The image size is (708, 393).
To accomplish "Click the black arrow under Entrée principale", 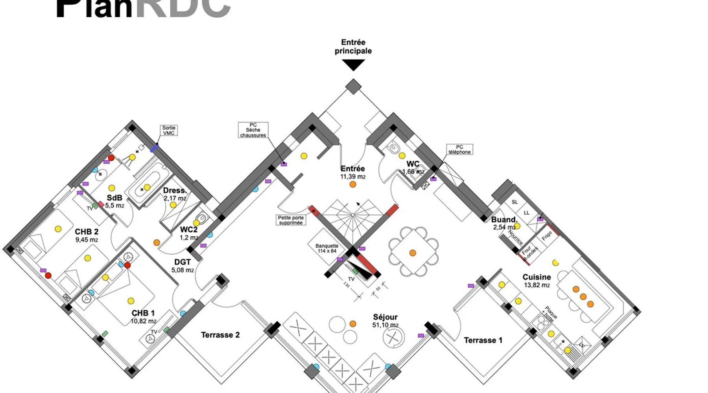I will (x=353, y=65).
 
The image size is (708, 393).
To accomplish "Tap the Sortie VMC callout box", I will (x=169, y=130).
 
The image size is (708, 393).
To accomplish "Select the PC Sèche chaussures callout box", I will (x=253, y=130).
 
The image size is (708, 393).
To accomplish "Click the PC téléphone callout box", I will (x=459, y=149).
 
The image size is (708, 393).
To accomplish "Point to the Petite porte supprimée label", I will (x=291, y=220).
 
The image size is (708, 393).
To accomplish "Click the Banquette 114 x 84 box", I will (x=326, y=248).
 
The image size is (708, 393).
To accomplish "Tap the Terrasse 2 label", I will (x=220, y=335).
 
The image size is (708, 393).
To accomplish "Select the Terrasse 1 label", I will (x=483, y=340).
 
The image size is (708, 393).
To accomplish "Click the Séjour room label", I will (x=385, y=317).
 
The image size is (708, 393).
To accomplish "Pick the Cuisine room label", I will (x=537, y=277).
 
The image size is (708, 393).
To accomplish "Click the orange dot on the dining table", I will (x=413, y=253).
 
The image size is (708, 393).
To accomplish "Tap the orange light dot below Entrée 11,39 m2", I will (x=353, y=184).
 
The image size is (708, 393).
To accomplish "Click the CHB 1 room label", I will (x=143, y=313).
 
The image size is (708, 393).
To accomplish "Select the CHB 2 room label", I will (x=87, y=232).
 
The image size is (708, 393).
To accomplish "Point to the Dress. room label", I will (x=175, y=191).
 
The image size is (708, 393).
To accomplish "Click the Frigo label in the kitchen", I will (x=547, y=236).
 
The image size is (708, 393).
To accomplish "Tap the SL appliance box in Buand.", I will (x=515, y=202).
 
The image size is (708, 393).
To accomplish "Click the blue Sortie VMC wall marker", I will (x=154, y=148).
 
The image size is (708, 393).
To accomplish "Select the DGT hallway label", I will (x=183, y=262).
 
